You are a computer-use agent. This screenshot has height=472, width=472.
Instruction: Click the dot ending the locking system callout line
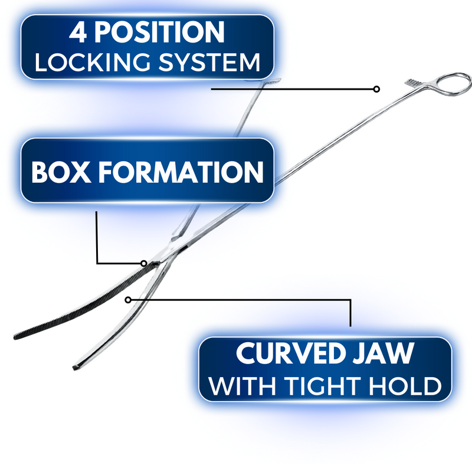tap(376, 89)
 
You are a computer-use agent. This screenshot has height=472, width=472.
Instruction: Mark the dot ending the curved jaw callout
tap(127, 300)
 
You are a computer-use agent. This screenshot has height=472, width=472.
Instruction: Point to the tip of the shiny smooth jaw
tap(76, 369)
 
